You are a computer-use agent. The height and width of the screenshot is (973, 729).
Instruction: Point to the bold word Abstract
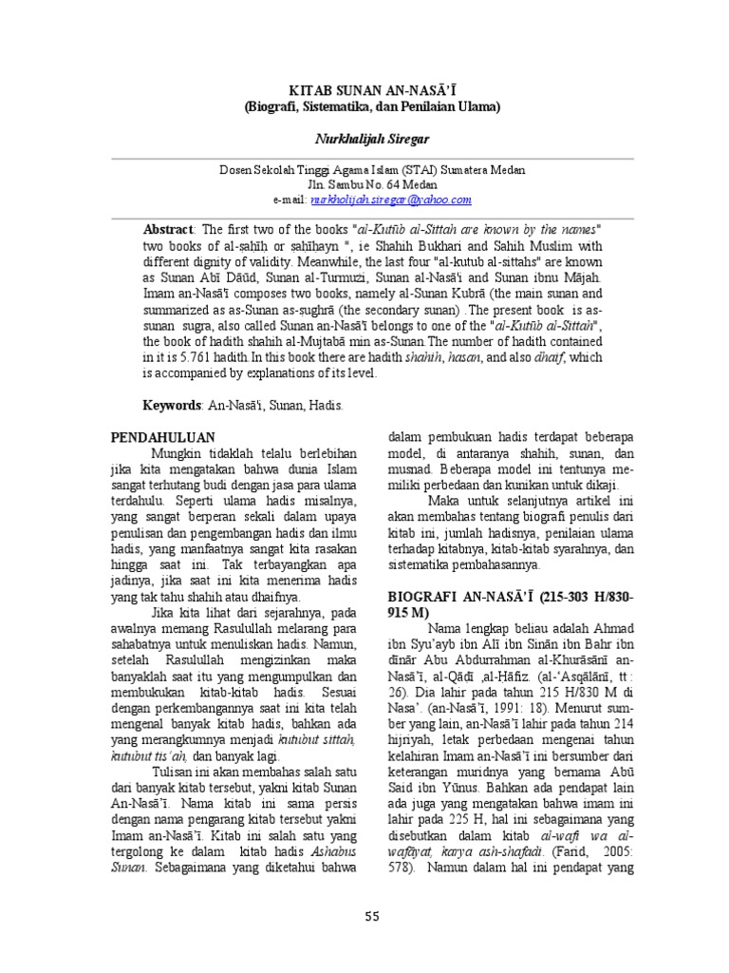click(168, 231)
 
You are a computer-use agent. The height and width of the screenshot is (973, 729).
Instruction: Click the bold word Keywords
click(172, 406)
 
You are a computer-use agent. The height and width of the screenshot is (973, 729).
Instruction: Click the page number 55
click(371, 915)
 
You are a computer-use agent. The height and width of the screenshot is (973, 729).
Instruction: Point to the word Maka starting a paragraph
click(445, 500)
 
